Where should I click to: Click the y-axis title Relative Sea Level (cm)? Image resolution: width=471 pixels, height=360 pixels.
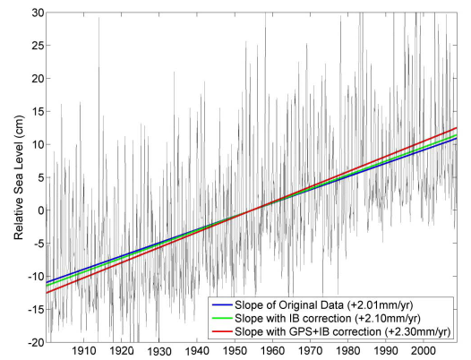[x=19, y=177]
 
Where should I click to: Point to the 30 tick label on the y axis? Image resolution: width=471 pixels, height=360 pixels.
[x=37, y=13]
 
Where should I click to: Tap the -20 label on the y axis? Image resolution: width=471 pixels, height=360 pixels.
[x=36, y=342]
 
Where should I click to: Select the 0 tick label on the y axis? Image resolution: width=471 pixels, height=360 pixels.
[x=40, y=210]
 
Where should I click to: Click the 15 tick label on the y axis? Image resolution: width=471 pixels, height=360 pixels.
[x=37, y=111]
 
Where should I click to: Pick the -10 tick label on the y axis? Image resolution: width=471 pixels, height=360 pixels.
[x=36, y=276]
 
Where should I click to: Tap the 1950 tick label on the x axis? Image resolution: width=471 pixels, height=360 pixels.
[x=235, y=350]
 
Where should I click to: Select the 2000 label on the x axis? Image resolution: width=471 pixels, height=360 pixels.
[x=424, y=350]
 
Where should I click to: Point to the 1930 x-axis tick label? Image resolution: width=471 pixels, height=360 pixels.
[x=158, y=351]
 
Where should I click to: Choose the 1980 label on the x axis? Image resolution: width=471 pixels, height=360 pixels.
[x=347, y=350]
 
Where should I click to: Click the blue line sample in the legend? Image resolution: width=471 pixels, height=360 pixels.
[x=222, y=305]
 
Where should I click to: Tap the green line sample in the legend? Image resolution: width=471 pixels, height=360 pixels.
[x=222, y=318]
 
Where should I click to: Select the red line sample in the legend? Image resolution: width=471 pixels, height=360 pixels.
[x=222, y=331]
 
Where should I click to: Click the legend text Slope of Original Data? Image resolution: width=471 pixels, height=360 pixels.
[x=289, y=305]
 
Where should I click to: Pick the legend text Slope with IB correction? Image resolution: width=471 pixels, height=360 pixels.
[x=293, y=319]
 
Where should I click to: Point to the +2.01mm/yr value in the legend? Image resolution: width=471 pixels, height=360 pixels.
[x=380, y=305]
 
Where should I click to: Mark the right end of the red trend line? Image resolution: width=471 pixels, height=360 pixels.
[x=457, y=128]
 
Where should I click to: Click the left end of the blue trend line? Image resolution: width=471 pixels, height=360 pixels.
[x=46, y=282]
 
